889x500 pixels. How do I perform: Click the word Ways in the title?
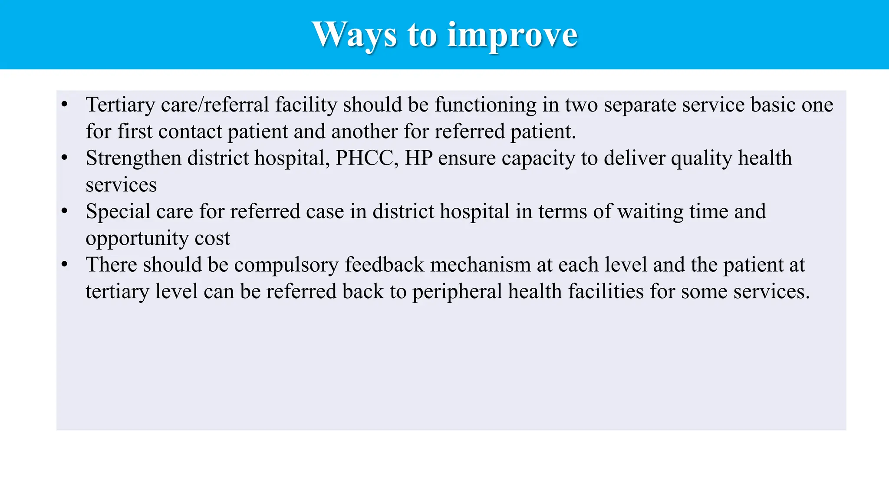point(354,35)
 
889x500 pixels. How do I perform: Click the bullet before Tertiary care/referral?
point(65,105)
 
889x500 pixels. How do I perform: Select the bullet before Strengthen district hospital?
point(65,158)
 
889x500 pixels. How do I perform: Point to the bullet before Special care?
point(65,211)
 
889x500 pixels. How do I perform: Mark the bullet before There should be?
point(65,265)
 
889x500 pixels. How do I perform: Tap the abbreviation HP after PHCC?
point(418,158)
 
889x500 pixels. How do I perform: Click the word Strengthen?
point(133,158)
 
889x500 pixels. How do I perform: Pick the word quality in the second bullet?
point(701,158)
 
